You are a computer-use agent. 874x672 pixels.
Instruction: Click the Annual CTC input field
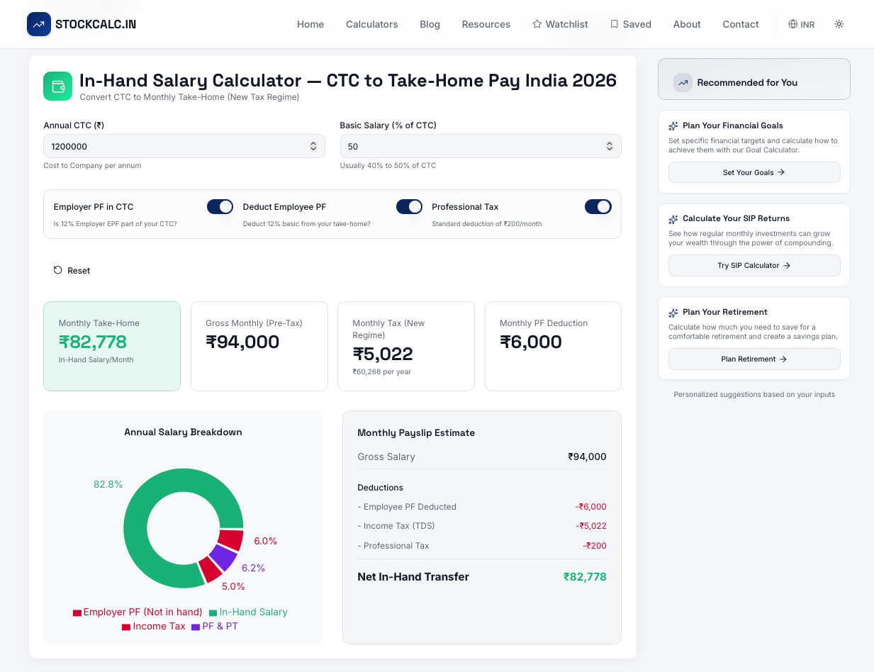pyautogui.click(x=177, y=146)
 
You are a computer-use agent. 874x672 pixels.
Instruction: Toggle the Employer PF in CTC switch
pyautogui.click(x=220, y=206)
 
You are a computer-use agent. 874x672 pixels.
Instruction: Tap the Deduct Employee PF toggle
pyautogui.click(x=409, y=206)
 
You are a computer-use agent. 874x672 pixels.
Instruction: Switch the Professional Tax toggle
pyautogui.click(x=598, y=206)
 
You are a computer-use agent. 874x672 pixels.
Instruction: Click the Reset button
pyautogui.click(x=72, y=270)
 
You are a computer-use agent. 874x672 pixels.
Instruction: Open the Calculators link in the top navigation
pyautogui.click(x=371, y=24)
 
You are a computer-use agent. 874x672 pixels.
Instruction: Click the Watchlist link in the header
pyautogui.click(x=560, y=24)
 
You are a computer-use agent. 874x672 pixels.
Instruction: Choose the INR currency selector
pyautogui.click(x=801, y=24)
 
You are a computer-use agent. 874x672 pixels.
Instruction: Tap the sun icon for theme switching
pyautogui.click(x=839, y=24)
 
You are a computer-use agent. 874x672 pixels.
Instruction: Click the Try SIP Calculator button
pyautogui.click(x=753, y=265)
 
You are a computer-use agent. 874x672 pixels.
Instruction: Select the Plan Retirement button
pyautogui.click(x=753, y=359)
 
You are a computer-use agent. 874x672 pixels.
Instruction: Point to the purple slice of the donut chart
pyautogui.click(x=223, y=558)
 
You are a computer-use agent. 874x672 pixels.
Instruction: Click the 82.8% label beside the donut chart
pyautogui.click(x=108, y=484)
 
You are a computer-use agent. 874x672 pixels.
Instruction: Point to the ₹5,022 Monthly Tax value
pyautogui.click(x=383, y=353)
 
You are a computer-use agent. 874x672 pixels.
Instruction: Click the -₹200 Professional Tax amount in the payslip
pyautogui.click(x=594, y=545)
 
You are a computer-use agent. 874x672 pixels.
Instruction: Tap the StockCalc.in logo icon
pyautogui.click(x=39, y=24)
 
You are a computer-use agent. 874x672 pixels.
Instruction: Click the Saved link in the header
pyautogui.click(x=630, y=24)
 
